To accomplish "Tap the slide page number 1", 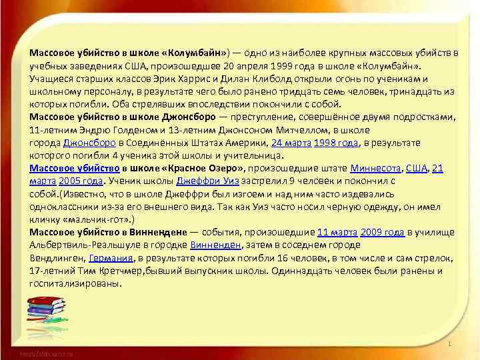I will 451,344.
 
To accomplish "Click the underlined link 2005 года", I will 81,181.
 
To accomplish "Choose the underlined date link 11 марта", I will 337,232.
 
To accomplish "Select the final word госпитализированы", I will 75,283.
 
